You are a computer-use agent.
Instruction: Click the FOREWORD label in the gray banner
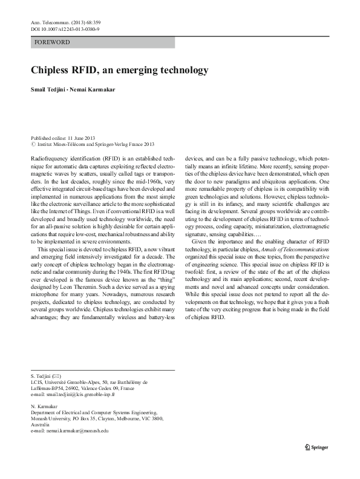coord(53,42)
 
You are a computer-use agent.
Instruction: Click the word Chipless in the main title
coord(52,70)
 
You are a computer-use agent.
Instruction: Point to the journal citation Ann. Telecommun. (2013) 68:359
coord(67,22)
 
